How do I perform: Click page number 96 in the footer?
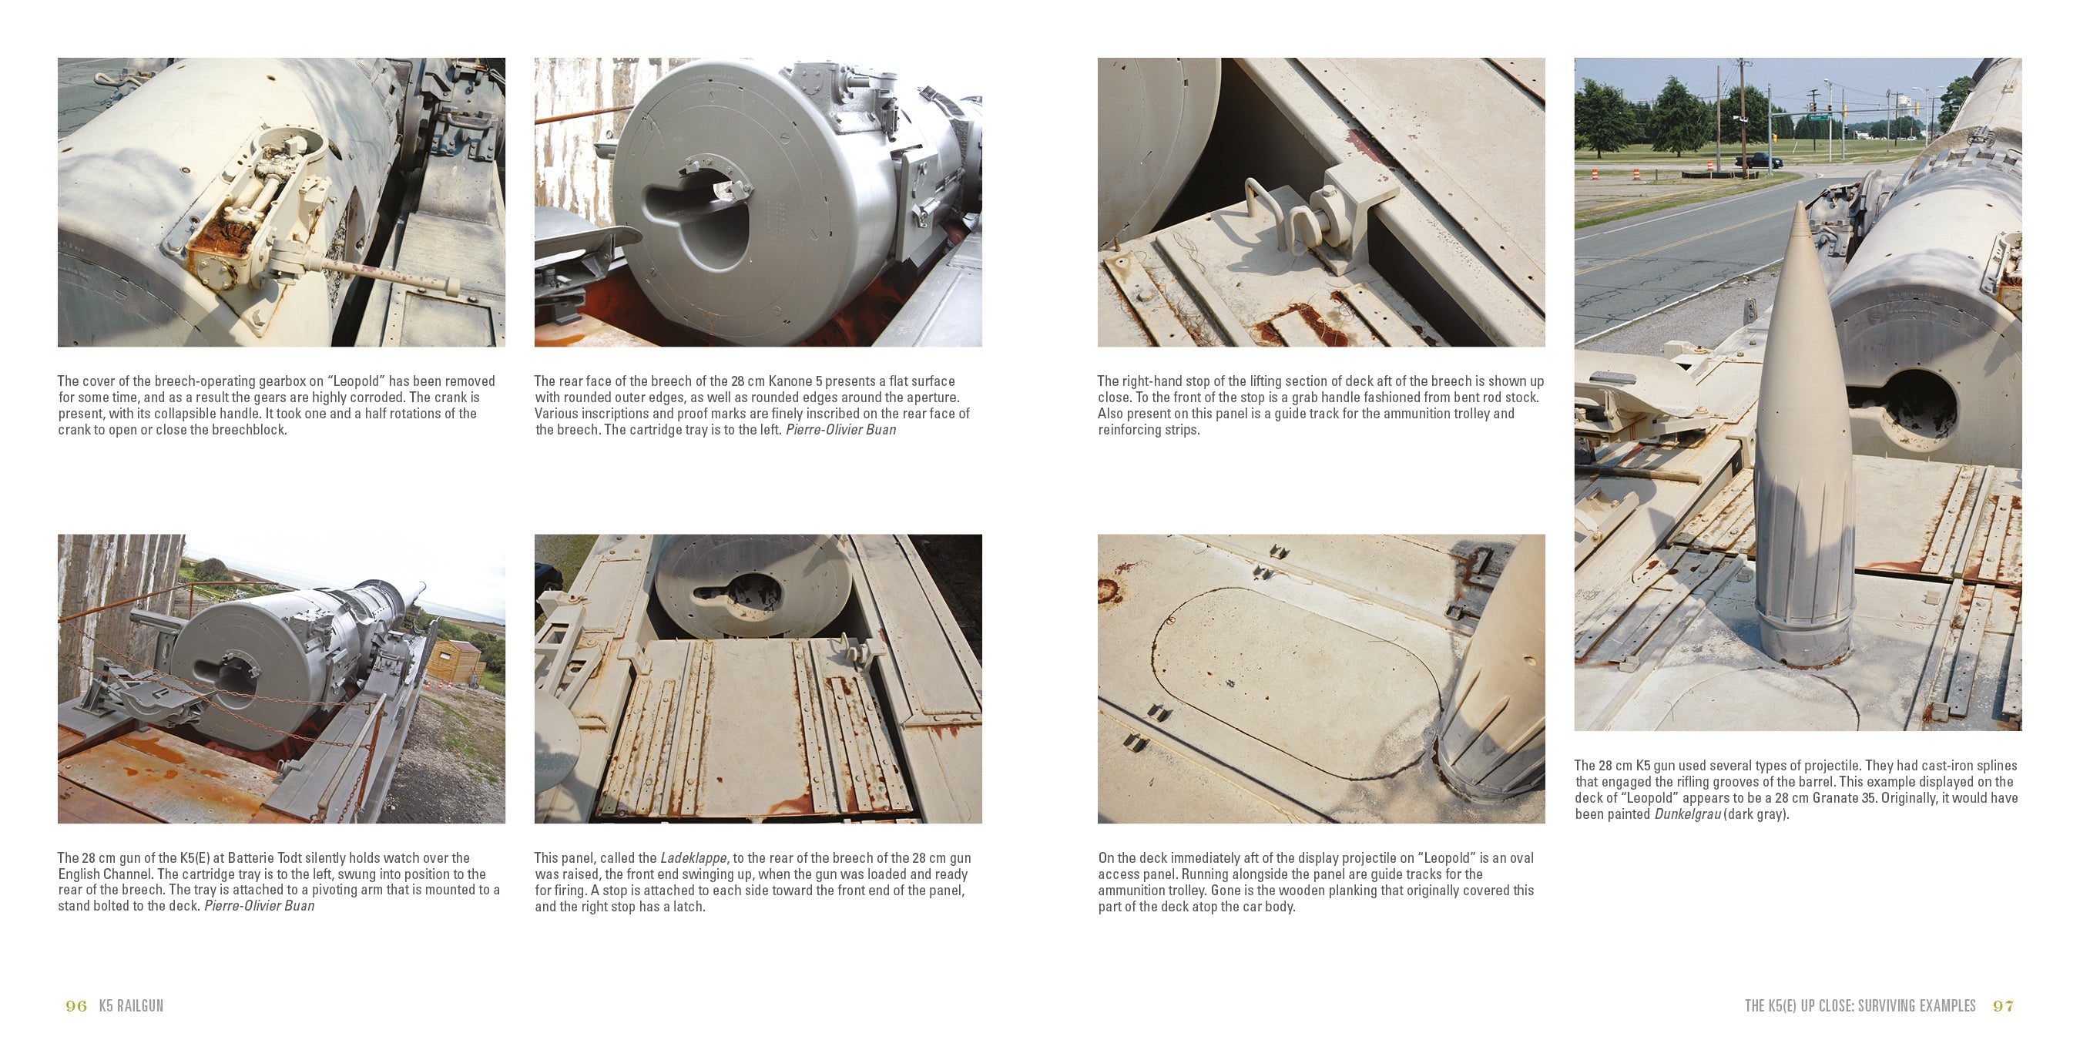[x=76, y=1006]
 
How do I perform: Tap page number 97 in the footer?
[x=2003, y=1006]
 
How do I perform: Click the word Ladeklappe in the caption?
[x=693, y=857]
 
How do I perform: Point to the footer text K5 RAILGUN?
[x=131, y=1006]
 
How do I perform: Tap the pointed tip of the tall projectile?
[x=1800, y=204]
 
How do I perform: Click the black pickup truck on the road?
[x=1758, y=161]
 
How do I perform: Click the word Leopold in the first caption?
[x=355, y=381]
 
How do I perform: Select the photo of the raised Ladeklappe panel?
[x=758, y=679]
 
